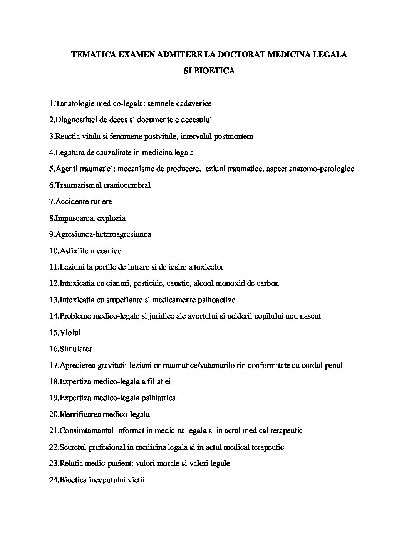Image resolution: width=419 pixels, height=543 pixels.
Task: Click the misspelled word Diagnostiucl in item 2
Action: click(x=76, y=120)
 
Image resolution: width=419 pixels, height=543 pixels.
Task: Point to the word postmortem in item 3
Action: click(x=234, y=136)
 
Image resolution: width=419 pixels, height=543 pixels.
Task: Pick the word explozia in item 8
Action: click(x=111, y=218)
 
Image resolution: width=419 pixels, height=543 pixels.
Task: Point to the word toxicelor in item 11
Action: click(x=208, y=267)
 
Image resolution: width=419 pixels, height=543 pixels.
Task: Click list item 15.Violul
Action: click(x=65, y=332)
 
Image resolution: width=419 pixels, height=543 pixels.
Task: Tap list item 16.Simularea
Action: click(x=71, y=349)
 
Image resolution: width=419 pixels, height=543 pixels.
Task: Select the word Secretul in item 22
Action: click(x=73, y=447)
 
